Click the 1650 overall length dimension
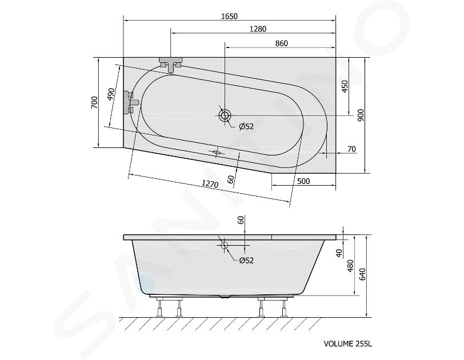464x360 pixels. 229,16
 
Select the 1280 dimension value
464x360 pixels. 258,29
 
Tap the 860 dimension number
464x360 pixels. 281,43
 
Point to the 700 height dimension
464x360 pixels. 94,102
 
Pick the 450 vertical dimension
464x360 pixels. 345,86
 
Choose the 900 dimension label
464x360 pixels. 361,115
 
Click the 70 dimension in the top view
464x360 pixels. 351,149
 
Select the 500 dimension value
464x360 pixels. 303,181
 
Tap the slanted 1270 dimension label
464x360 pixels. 210,184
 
